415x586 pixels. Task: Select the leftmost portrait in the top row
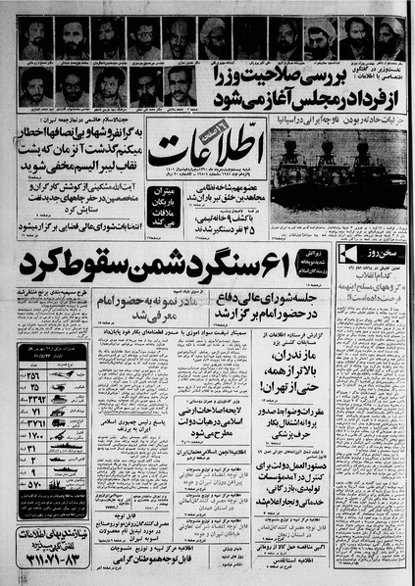(34, 38)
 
